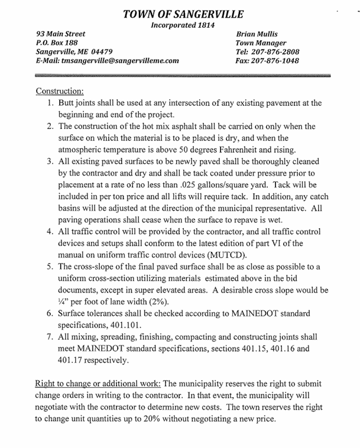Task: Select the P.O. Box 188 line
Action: [x=57, y=43]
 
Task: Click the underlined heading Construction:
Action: [x=60, y=91]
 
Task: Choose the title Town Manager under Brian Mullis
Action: [x=261, y=43]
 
